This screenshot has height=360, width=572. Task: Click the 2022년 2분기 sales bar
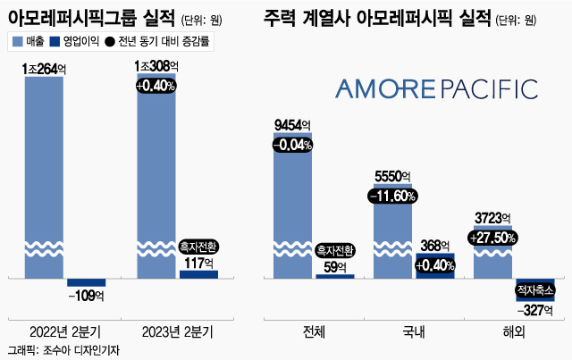tap(43, 179)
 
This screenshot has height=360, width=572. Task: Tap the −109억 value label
tap(87, 296)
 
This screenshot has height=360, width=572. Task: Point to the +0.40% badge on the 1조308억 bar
tap(156, 86)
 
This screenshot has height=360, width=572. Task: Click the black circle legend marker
tap(110, 41)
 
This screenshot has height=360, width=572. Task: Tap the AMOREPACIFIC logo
tap(436, 88)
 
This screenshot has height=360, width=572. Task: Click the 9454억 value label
tap(292, 124)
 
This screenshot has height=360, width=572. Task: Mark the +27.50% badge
tap(492, 239)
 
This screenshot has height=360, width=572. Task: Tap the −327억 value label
tap(535, 309)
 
